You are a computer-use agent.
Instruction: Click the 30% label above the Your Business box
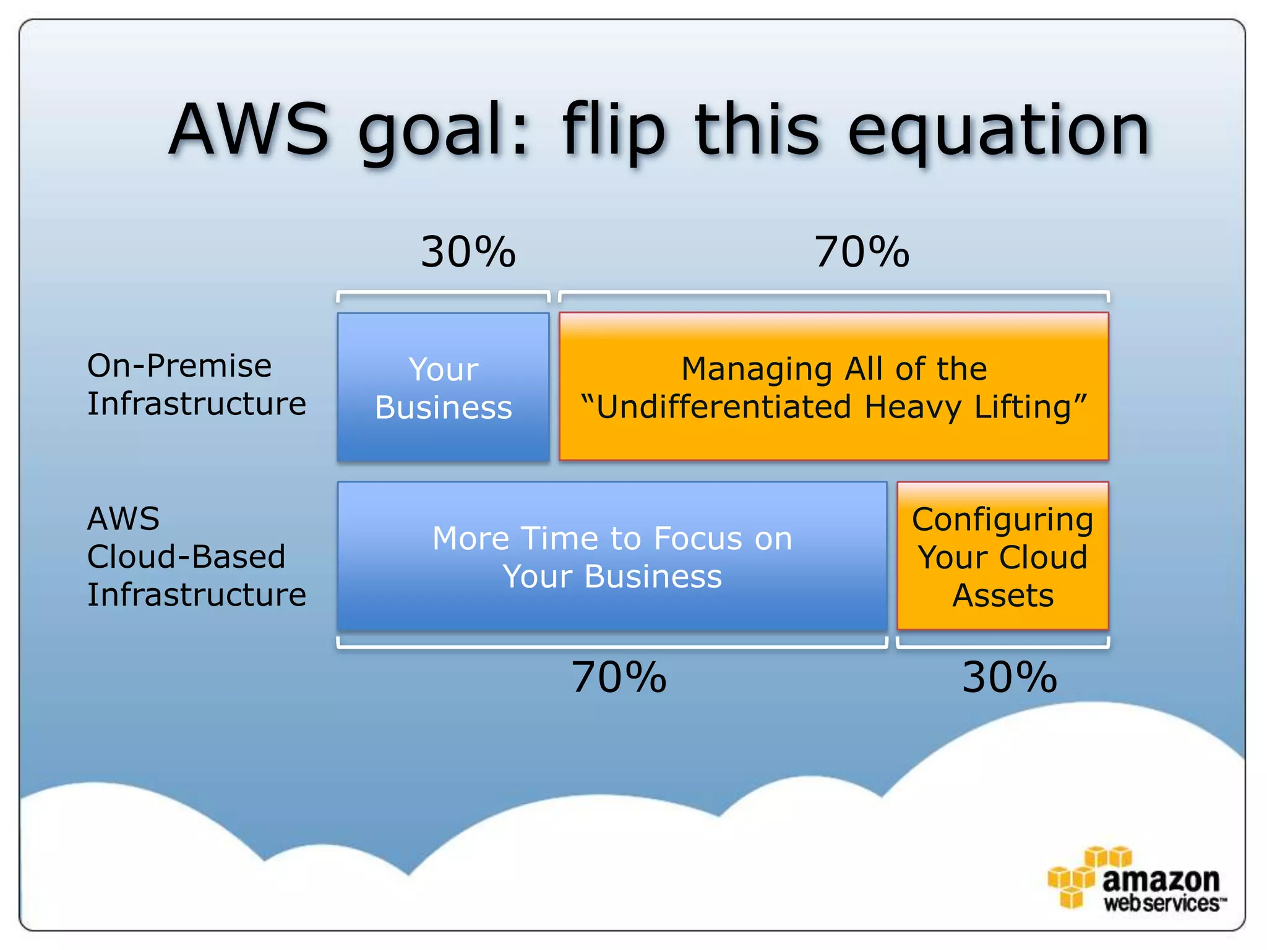468,253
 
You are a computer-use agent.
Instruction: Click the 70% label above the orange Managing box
862,253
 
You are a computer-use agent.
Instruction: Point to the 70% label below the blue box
619,678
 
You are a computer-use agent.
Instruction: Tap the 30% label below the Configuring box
1009,678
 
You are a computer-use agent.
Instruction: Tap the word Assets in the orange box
1002,596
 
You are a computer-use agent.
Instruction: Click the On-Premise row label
179,366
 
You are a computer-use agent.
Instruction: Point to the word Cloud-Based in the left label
186,557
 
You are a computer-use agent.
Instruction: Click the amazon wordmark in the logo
1160,879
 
